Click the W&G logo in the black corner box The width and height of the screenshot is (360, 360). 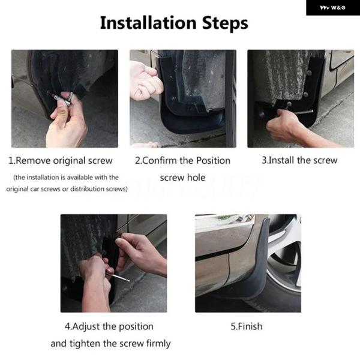tap(332, 8)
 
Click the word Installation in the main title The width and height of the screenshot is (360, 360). tap(148, 23)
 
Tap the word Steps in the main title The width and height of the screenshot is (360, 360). tap(225, 23)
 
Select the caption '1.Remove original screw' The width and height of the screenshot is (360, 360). tap(61, 160)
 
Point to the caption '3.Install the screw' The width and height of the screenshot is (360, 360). tap(299, 160)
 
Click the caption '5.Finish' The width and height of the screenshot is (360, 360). tap(247, 326)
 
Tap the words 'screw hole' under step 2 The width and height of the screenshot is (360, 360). tap(183, 178)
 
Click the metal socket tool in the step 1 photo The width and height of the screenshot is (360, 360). tap(64, 98)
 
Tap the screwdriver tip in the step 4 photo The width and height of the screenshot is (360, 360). tap(128, 280)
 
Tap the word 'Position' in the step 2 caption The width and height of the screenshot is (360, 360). tap(213, 160)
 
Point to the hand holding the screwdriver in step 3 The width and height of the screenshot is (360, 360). tap(283, 125)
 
